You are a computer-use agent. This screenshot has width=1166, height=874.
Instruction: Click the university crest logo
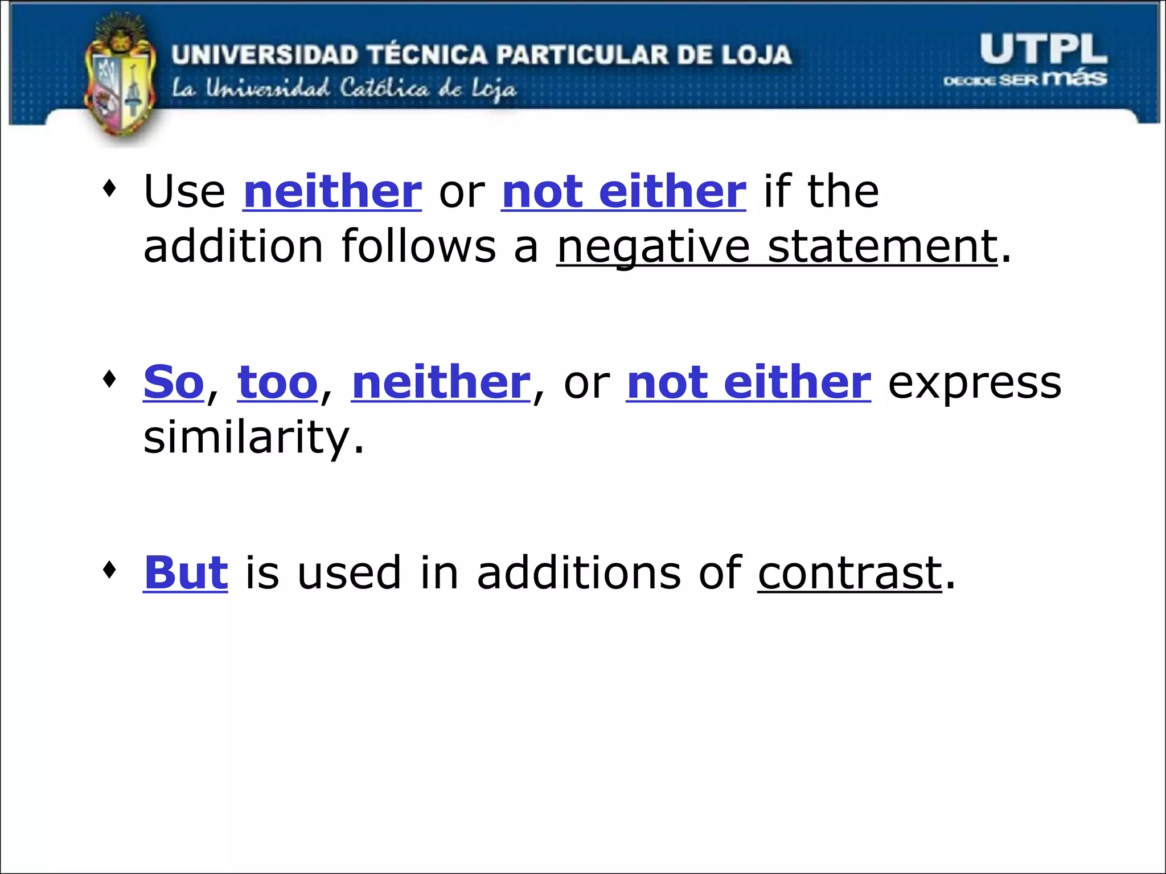point(120,80)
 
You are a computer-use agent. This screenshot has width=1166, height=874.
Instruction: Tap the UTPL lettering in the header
point(1043,50)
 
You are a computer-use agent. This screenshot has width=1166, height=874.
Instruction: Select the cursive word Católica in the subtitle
point(384,89)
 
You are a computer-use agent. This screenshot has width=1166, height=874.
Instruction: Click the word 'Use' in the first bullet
point(184,191)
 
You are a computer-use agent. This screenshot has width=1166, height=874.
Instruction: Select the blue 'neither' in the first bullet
point(332,191)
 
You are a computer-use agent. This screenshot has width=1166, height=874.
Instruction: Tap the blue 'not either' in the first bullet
point(623,191)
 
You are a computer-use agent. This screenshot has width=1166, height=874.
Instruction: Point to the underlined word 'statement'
point(882,247)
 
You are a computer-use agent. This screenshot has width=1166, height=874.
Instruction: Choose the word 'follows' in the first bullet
point(418,247)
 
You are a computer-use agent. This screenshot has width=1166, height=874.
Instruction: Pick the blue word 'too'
point(277,382)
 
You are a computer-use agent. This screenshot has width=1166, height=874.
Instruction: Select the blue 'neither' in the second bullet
point(441,382)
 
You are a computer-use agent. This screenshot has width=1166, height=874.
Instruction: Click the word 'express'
point(975,382)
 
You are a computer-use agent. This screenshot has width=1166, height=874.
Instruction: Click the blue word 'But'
point(186,572)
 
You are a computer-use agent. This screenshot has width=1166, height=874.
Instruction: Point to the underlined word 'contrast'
point(849,572)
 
